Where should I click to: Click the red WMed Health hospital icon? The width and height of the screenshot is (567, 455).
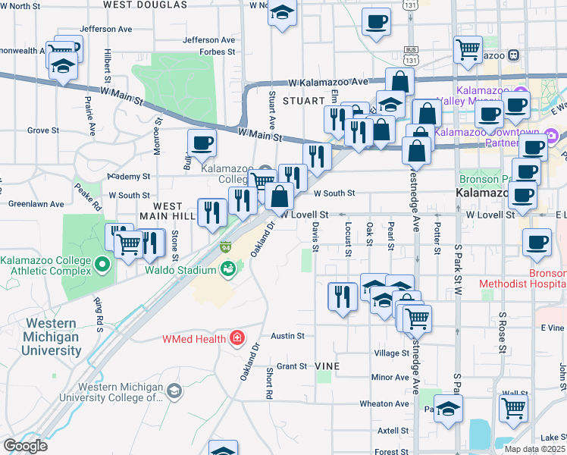(237, 336)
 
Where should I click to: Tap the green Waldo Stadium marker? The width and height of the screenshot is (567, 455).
(227, 268)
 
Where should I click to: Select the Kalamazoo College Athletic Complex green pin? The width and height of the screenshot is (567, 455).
(104, 264)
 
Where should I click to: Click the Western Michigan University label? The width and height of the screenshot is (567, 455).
(52, 337)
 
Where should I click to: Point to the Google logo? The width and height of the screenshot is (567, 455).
(24, 445)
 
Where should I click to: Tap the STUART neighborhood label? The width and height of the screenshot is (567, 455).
(303, 100)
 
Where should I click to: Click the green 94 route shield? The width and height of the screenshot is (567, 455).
(226, 247)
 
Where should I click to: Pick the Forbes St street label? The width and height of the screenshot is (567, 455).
(218, 52)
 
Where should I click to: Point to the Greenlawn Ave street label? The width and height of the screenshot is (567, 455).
(36, 204)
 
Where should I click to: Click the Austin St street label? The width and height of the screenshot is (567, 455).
(288, 335)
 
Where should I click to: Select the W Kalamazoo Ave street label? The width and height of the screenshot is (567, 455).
(327, 82)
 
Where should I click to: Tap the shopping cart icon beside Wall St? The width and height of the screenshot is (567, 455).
(513, 407)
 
